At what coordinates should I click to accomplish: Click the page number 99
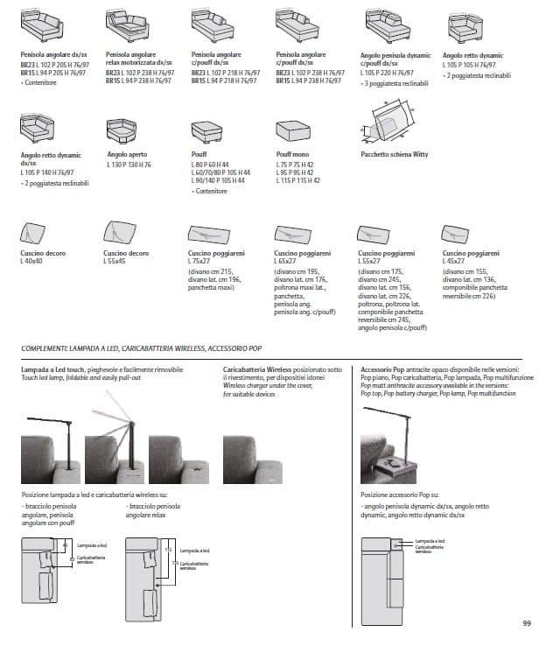coord(527,623)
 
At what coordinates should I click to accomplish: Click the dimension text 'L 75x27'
coord(200,262)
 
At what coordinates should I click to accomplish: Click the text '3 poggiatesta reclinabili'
coord(397,82)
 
